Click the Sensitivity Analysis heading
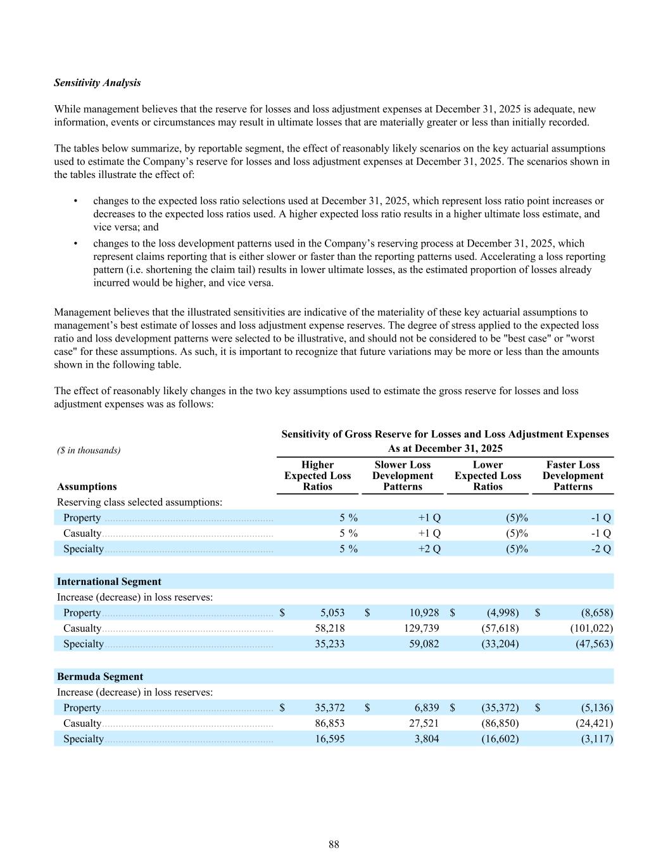coord(98,83)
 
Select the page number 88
coord(334,844)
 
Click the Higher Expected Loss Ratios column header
coord(317,476)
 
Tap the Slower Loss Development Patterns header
coord(402,476)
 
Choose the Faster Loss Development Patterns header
coord(572,476)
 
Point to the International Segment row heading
coord(109,582)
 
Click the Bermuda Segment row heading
coord(100,677)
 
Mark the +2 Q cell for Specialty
coord(429,549)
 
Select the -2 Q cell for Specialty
coord(600,549)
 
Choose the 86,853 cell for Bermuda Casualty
coord(329,724)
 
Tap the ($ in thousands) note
coord(89,451)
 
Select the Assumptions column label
coord(87,487)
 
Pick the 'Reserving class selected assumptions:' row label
coord(139,503)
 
